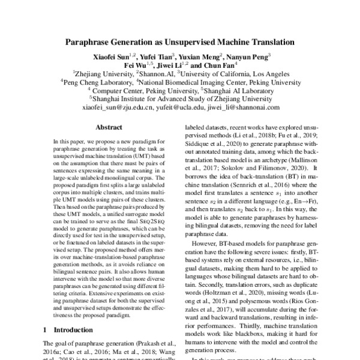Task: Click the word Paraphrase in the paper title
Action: [91, 43]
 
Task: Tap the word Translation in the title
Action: [269, 43]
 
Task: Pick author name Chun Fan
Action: [217, 65]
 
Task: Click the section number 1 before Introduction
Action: [46, 329]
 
